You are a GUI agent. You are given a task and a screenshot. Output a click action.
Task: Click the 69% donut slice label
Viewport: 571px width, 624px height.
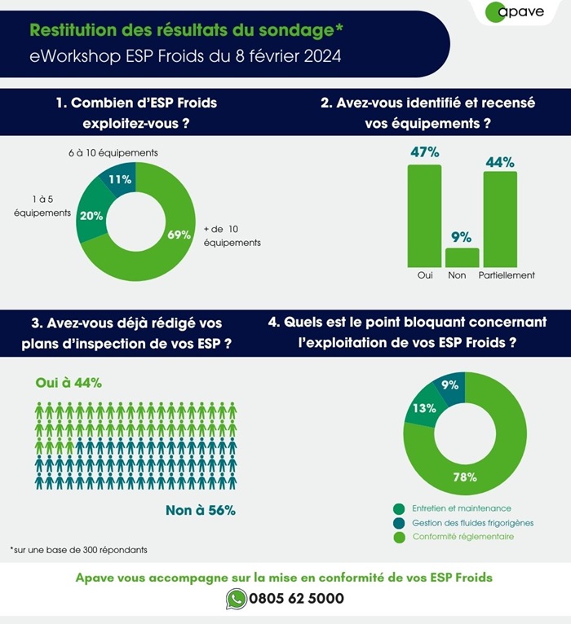coord(179,235)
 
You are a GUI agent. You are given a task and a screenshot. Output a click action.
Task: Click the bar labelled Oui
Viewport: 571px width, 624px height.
coord(424,216)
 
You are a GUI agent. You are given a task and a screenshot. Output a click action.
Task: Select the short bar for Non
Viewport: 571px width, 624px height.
coord(462,257)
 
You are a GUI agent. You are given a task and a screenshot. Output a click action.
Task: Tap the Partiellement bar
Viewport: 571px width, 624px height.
coord(499,218)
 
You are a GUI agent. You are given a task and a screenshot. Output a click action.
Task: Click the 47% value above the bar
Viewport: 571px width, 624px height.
coord(424,152)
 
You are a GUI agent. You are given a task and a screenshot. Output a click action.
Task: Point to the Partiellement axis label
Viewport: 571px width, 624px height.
coord(507,275)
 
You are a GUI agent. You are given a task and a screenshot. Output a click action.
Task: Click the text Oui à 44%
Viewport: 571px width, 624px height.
coord(69,383)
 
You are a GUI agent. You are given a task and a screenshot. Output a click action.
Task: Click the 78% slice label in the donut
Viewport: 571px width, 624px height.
coord(465,477)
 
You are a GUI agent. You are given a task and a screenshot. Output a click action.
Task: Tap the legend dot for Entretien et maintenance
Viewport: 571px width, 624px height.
coord(399,508)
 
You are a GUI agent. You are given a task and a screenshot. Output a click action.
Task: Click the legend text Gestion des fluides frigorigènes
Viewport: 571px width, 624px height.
coord(463,522)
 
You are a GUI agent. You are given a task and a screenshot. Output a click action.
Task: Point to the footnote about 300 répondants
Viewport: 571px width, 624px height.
coord(78,550)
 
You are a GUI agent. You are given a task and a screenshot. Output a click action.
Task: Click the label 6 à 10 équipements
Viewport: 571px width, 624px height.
coord(101,153)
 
